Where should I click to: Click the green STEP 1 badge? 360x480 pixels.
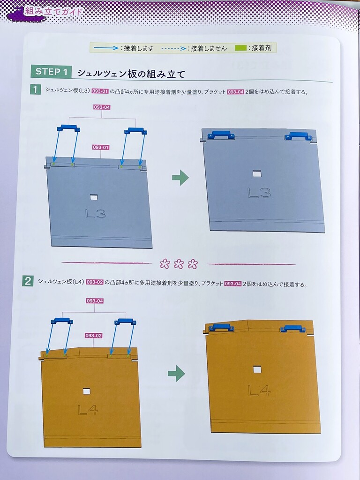(x=51, y=72)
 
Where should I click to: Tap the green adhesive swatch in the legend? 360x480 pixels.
(x=240, y=48)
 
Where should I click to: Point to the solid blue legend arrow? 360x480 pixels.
(x=106, y=48)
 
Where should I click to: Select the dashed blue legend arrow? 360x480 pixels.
(x=174, y=48)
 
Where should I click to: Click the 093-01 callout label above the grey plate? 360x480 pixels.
(x=101, y=147)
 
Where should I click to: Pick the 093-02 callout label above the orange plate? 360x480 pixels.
(x=93, y=336)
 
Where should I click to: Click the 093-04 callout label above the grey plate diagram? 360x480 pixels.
(x=102, y=107)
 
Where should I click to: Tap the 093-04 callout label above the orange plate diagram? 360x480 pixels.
(x=95, y=301)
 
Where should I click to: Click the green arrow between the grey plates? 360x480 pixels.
(x=180, y=178)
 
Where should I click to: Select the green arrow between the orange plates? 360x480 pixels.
(x=176, y=374)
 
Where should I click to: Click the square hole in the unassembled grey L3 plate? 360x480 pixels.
(x=94, y=197)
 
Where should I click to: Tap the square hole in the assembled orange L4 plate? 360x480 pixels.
(x=257, y=369)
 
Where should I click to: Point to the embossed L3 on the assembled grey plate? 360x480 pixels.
(x=259, y=193)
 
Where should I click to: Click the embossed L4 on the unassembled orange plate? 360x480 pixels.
(x=88, y=410)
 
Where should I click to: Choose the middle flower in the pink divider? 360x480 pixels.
(x=179, y=263)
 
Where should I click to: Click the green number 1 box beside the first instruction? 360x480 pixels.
(x=36, y=90)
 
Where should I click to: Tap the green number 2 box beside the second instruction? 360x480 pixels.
(x=28, y=281)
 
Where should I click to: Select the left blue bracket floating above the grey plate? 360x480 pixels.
(x=68, y=128)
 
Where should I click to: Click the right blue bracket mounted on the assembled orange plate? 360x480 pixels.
(x=292, y=329)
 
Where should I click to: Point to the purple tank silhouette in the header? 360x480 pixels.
(x=26, y=15)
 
